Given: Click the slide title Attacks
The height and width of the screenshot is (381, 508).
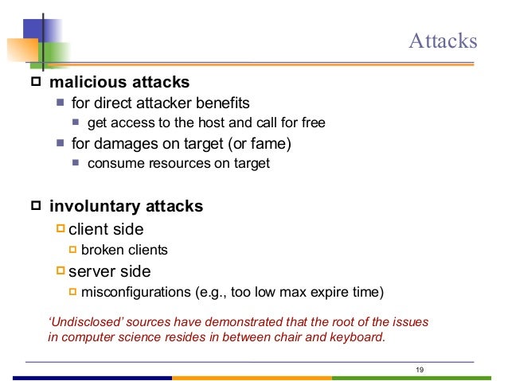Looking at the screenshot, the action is click(x=443, y=41).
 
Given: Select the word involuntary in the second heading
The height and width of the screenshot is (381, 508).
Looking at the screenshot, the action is click(x=94, y=207).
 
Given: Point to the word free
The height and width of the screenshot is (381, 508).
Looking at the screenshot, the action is click(x=312, y=122).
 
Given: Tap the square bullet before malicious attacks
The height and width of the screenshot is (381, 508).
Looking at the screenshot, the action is click(x=35, y=82).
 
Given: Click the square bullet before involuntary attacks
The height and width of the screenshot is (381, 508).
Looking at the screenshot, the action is click(x=35, y=207).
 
